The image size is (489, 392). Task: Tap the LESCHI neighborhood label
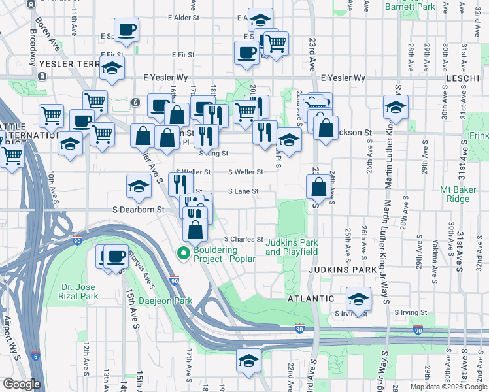coord(464,78)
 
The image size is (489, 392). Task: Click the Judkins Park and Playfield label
coord(292,247)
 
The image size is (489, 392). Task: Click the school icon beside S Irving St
coord(358,299)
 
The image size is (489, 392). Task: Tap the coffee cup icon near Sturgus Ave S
coord(116,256)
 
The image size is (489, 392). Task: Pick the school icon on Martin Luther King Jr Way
coord(396,106)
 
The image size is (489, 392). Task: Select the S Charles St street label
coord(243,240)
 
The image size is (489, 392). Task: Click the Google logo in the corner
coord(22,384)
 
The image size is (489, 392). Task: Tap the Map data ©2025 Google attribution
coord(448,387)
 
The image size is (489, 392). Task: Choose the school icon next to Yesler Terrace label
coord(112,67)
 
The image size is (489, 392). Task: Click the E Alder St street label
coord(183,18)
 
